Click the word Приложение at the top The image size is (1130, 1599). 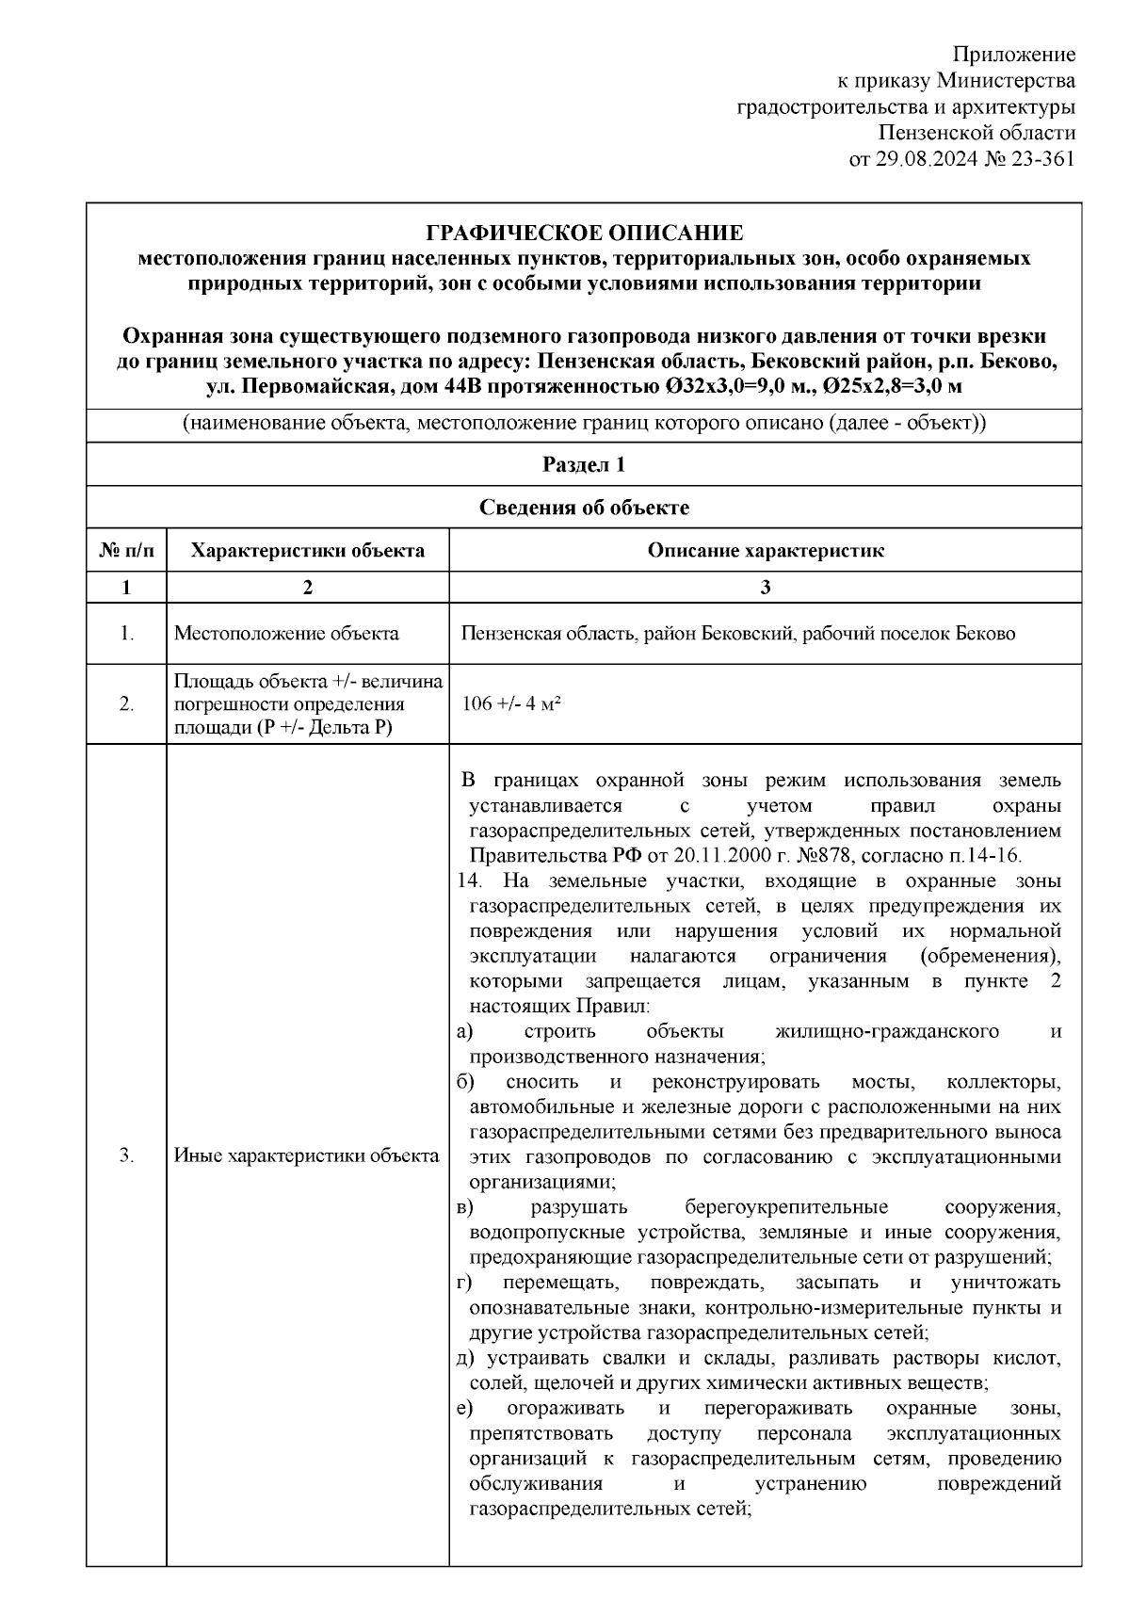[x=1014, y=54]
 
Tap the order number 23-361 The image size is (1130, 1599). [x=1042, y=159]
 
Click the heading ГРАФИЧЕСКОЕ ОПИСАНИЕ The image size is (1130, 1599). [x=584, y=233]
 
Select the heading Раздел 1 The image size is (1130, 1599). [x=584, y=465]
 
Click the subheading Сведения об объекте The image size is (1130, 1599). [x=584, y=509]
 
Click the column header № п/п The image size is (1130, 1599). [x=126, y=551]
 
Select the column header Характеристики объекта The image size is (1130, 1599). [x=307, y=551]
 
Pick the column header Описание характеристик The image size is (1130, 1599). [x=765, y=551]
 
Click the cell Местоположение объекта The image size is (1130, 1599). [x=286, y=634]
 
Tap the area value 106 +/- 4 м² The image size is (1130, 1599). [x=512, y=704]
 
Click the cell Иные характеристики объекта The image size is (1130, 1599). [x=307, y=1156]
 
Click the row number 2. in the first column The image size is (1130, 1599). [x=126, y=704]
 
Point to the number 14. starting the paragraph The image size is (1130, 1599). [x=468, y=881]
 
